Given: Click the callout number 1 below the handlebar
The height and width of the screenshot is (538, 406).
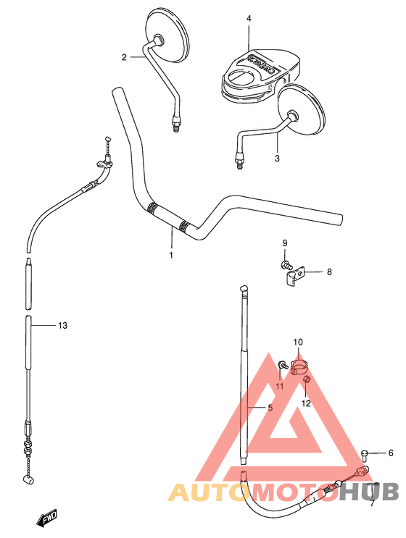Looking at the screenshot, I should [172, 255].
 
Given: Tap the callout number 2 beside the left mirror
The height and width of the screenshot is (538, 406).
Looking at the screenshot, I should [124, 57].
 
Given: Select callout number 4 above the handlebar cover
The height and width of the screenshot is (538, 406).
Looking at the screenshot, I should [248, 18].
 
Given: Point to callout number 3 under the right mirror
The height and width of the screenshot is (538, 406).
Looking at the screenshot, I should [276, 157].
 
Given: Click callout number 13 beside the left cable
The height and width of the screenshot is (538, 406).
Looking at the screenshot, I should [62, 326].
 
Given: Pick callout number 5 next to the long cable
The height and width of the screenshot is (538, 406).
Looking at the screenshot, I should [270, 408].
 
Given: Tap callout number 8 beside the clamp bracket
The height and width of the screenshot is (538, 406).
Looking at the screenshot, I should [328, 272].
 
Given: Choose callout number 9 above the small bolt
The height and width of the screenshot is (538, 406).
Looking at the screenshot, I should [285, 242].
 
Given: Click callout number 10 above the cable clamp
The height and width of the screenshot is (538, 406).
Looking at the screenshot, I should [297, 341].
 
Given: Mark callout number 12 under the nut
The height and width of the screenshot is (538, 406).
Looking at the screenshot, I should [306, 403].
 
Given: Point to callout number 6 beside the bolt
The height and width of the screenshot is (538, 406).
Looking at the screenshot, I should [391, 453].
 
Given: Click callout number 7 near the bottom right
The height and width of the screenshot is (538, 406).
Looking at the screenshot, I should [372, 503].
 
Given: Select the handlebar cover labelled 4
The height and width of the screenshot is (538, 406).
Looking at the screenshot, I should [257, 72].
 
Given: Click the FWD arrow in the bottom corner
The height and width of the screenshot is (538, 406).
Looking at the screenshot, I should [48, 517].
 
